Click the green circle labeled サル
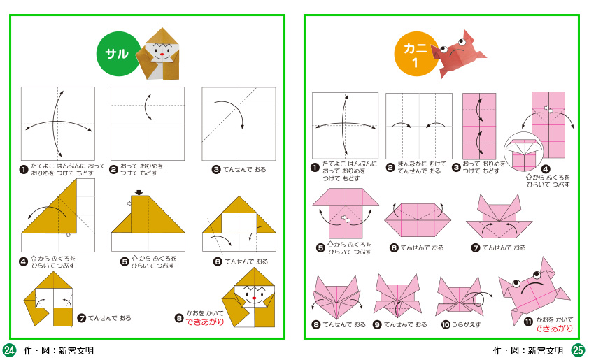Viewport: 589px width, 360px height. tap(118, 54)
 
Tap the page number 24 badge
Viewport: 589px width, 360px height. tap(9, 350)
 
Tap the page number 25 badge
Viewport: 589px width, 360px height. tap(578, 350)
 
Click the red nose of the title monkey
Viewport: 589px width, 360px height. tap(162, 55)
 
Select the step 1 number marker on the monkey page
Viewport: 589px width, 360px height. tap(24, 170)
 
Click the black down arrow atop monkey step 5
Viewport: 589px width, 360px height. tap(139, 192)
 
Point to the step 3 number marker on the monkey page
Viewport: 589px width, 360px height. tap(216, 170)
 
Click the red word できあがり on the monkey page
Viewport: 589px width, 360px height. tap(205, 322)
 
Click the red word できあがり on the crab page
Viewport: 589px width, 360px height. tap(554, 329)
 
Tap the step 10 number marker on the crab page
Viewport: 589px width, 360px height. tap(446, 325)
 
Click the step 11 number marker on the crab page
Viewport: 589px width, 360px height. tap(528, 322)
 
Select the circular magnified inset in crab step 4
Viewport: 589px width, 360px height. tap(523, 152)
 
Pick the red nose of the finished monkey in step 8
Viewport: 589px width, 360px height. tap(254, 298)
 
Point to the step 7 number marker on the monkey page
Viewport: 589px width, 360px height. tap(82, 318)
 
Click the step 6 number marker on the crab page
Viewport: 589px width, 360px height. tap(394, 247)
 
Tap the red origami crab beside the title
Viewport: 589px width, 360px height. tap(457, 54)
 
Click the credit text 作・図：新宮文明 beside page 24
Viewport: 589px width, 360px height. tap(59, 351)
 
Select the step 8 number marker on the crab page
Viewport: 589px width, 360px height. tap(316, 325)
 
